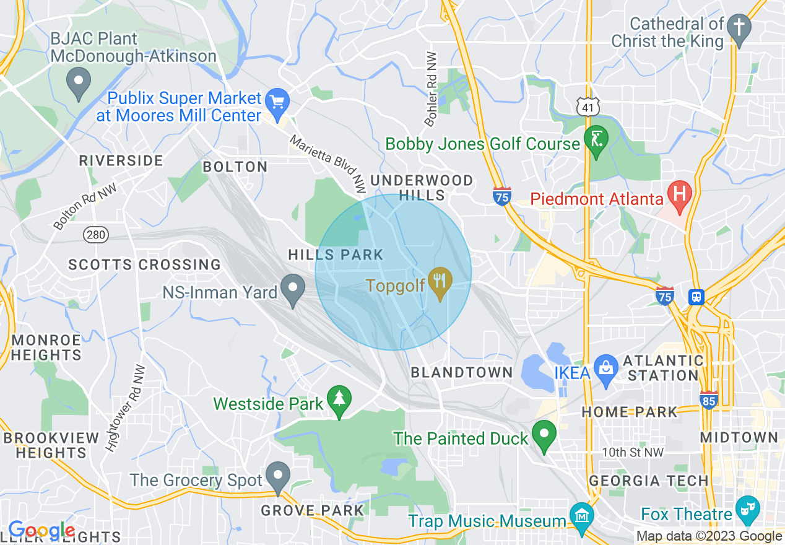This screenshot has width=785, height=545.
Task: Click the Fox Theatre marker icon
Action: (749, 508)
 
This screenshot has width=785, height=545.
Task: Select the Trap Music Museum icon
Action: (582, 515)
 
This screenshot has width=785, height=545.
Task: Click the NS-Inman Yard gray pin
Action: (292, 289)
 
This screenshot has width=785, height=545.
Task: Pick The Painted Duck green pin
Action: (544, 434)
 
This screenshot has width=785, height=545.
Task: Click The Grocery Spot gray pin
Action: (277, 476)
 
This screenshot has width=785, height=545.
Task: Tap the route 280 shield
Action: (96, 235)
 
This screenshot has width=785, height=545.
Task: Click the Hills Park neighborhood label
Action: (336, 255)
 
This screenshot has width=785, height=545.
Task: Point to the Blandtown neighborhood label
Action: (462, 372)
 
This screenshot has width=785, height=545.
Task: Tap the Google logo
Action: (41, 531)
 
